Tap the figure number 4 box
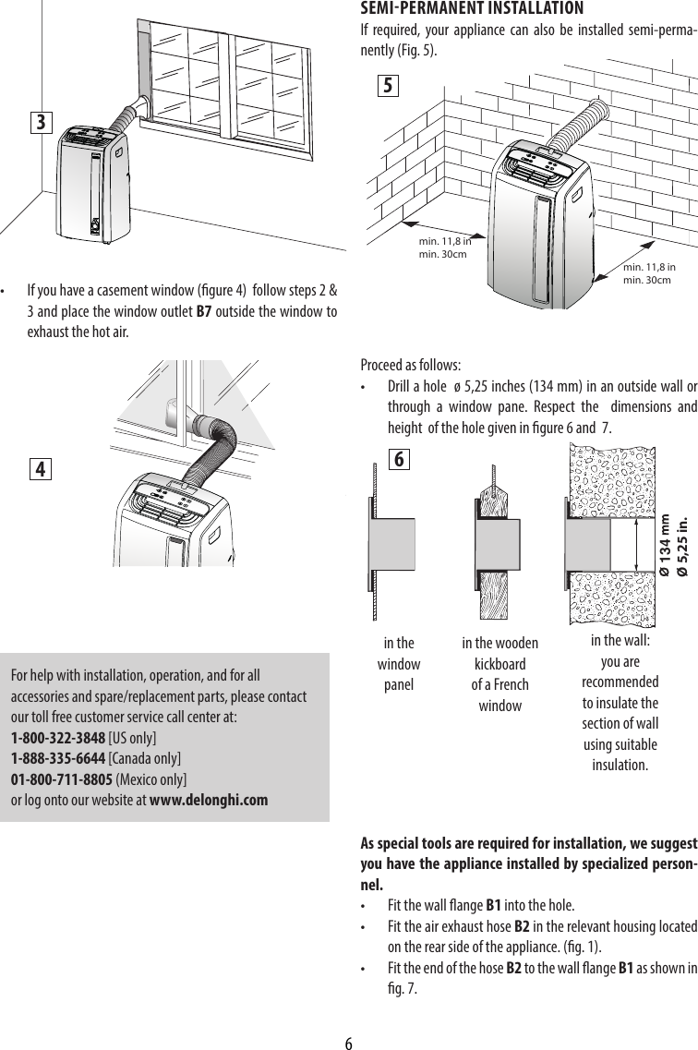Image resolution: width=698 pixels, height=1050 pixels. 40,469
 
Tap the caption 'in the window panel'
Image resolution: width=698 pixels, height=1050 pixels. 398,664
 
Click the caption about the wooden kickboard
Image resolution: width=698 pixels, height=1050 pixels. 499,674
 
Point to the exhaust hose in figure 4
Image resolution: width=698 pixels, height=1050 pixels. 209,443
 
